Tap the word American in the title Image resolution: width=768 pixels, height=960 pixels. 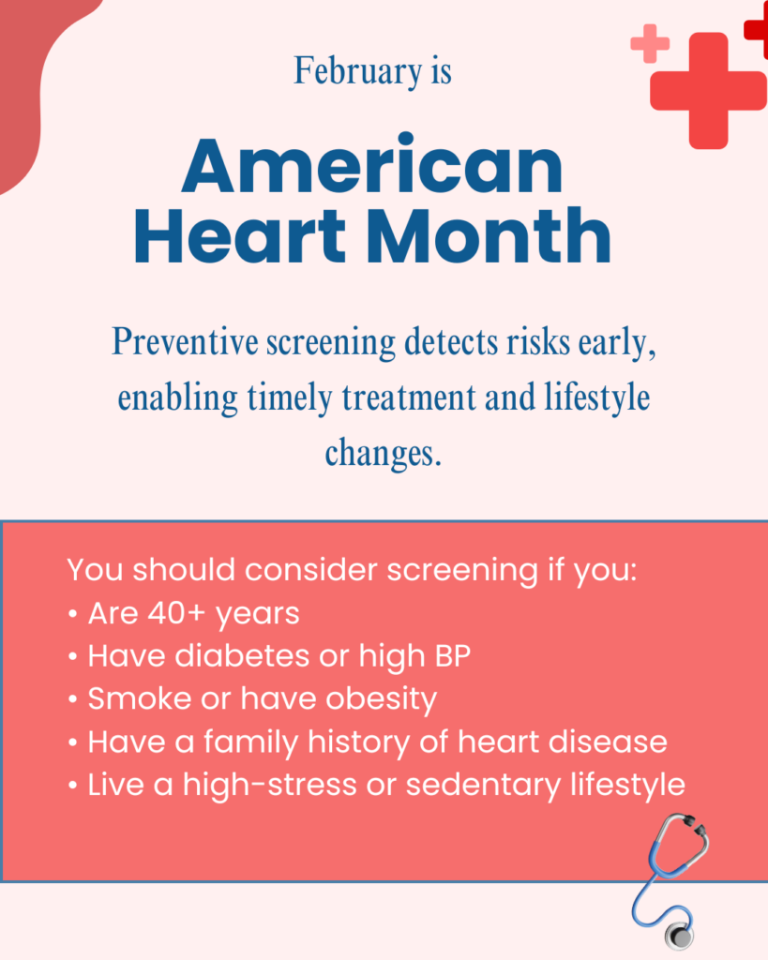[x=372, y=166]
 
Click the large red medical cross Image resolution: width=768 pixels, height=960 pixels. [x=707, y=90]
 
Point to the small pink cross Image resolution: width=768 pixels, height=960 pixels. [x=649, y=43]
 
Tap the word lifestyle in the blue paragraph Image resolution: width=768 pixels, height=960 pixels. [x=597, y=397]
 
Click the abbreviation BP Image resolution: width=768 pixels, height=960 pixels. [x=450, y=656]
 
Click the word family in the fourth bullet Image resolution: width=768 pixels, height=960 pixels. [x=256, y=742]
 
